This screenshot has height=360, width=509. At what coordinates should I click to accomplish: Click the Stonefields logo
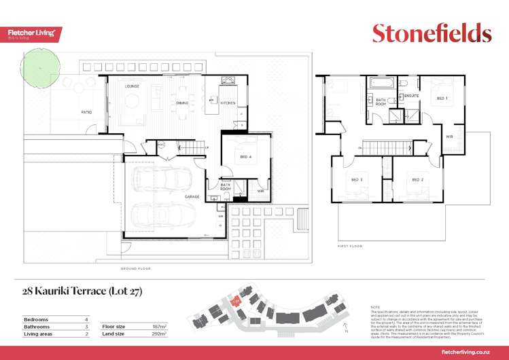[432, 33]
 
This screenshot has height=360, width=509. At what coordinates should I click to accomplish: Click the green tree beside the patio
[40, 66]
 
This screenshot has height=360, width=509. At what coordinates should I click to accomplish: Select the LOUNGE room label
[132, 86]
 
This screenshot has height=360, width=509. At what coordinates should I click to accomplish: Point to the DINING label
[182, 103]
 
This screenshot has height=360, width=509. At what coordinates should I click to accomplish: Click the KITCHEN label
[227, 103]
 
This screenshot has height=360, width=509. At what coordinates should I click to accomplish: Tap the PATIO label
[86, 111]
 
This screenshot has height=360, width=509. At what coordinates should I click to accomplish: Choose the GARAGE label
[192, 196]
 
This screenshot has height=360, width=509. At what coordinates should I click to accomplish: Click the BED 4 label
[246, 157]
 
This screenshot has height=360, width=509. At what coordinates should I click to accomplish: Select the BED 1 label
[442, 98]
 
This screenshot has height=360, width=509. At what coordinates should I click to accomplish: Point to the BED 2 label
[418, 179]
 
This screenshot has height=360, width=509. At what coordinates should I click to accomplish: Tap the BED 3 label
[357, 179]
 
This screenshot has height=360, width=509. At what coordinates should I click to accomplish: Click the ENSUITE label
[411, 96]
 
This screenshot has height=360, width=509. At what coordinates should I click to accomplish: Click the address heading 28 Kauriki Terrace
[82, 292]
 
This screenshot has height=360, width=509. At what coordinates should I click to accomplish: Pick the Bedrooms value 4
[86, 319]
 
